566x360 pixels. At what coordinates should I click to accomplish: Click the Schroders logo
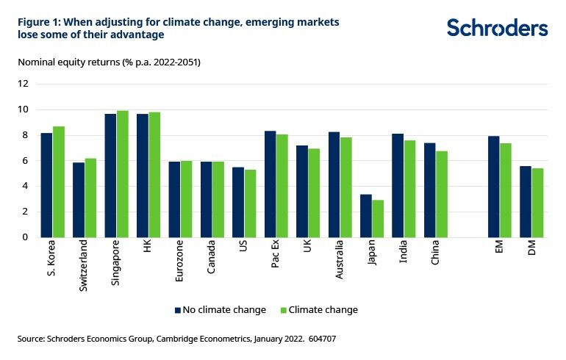click(x=497, y=28)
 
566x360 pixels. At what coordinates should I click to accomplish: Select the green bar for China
click(x=442, y=194)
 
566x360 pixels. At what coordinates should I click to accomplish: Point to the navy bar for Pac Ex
click(x=271, y=184)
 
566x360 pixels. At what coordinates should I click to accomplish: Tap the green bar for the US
click(x=251, y=203)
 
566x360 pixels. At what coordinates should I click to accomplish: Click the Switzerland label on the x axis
click(x=83, y=264)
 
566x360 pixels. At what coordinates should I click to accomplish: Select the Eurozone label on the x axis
click(x=179, y=261)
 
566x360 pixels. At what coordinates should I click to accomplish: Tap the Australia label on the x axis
click(x=340, y=261)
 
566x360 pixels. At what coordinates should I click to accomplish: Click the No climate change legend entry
click(x=221, y=310)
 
